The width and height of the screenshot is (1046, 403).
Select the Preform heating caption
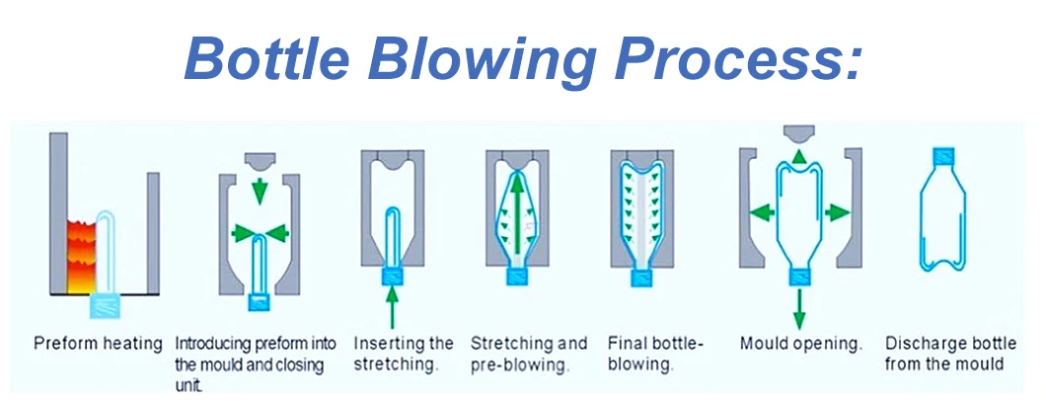pyautogui.click(x=98, y=345)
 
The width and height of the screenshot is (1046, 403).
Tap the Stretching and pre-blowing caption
pyautogui.click(x=528, y=354)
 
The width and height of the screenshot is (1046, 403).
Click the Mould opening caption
pyautogui.click(x=801, y=345)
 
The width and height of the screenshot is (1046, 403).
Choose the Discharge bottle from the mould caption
pyautogui.click(x=950, y=354)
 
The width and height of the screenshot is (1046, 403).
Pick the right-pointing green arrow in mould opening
pyautogui.click(x=835, y=210)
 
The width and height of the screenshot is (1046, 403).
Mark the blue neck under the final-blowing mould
pyautogui.click(x=641, y=276)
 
